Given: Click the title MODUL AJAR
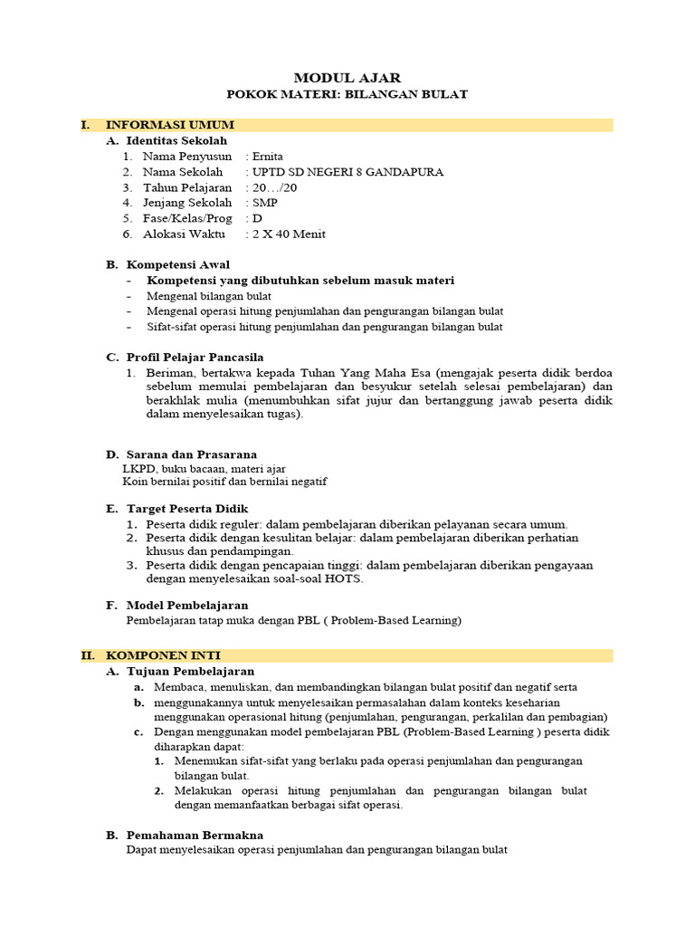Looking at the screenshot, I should [x=347, y=79].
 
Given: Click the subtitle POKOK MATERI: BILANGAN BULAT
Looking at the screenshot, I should [x=347, y=94].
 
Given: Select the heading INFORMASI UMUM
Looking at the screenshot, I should [x=170, y=125].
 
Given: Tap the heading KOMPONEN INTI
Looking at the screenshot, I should [x=163, y=655].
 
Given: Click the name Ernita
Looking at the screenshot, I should [x=267, y=157].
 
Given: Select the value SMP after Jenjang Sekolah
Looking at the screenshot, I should [x=265, y=203].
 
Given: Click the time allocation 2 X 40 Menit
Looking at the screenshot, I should [x=289, y=234].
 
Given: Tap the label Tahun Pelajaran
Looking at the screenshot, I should [x=187, y=187].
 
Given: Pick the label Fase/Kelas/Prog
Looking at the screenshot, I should [x=187, y=218].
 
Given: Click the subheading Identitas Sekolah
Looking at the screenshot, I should [x=176, y=141].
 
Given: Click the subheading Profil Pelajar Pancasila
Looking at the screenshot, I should [x=195, y=358].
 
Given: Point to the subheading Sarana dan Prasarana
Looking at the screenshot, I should [x=191, y=454].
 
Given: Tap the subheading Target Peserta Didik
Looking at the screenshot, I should [x=186, y=509].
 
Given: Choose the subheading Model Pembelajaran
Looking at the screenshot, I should [x=186, y=605].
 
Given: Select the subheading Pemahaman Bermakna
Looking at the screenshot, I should [x=194, y=835].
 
